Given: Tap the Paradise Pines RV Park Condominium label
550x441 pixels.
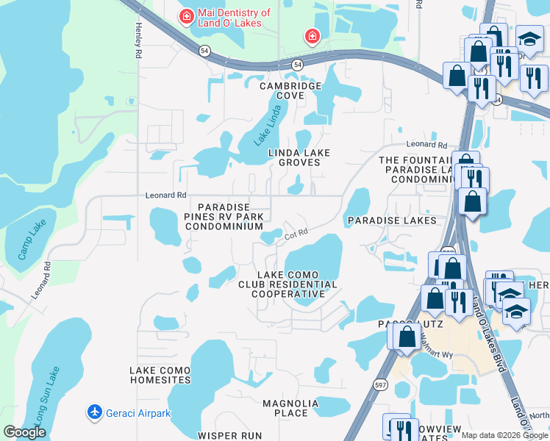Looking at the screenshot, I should (x=229, y=217).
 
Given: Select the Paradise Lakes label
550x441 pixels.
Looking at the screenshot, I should (x=392, y=220).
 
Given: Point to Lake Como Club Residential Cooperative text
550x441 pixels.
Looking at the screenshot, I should (x=287, y=284).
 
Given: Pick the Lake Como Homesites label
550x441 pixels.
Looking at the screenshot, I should (x=160, y=375).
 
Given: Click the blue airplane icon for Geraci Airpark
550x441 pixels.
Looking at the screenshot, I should (x=94, y=412).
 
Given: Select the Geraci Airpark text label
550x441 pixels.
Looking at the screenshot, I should (x=138, y=413).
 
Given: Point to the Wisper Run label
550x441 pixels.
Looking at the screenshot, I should (x=230, y=435).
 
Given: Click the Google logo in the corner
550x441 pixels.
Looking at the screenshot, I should (x=24, y=432).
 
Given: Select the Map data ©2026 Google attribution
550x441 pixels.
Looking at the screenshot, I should (x=504, y=435).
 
